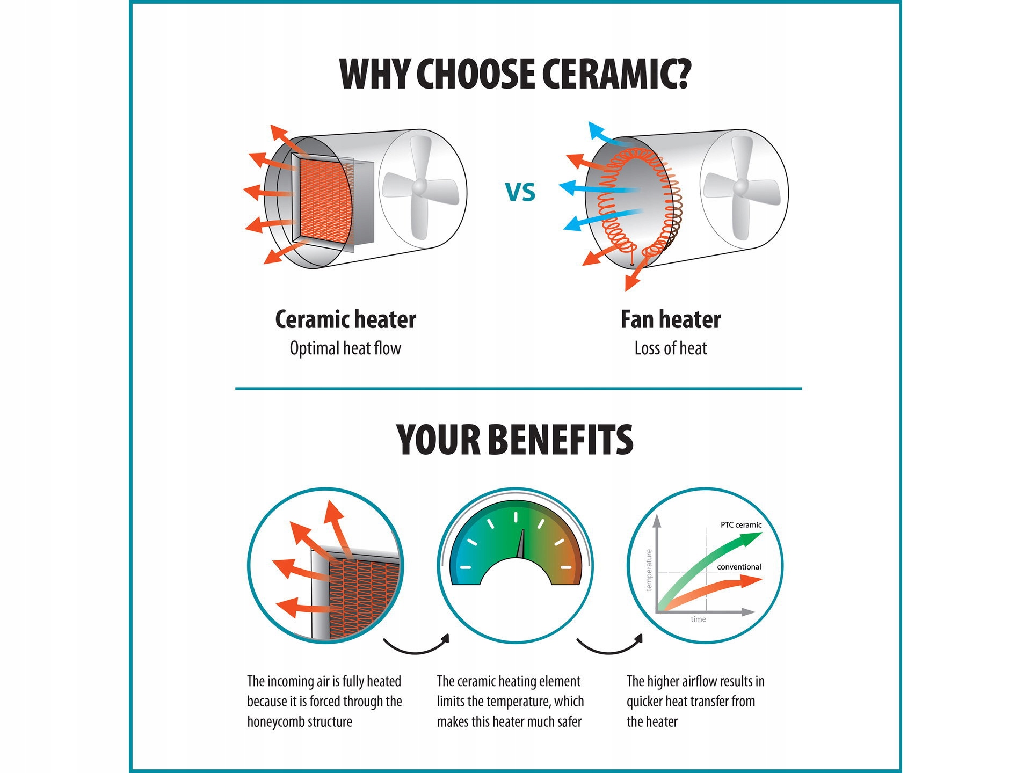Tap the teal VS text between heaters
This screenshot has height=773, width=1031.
coord(520,192)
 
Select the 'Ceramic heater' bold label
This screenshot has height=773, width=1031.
coord(345,319)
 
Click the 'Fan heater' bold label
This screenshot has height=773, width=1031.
coord(671,319)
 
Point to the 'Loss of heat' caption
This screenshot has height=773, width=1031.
coord(671,348)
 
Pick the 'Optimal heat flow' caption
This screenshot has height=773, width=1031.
coord(345,348)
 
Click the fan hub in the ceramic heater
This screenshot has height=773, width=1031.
coord(419,187)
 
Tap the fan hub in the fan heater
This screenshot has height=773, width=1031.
coord(740,187)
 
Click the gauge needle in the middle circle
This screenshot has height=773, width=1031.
coord(521,544)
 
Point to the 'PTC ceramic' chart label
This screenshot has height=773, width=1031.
coord(741,525)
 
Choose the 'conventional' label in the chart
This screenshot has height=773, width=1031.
coord(739,567)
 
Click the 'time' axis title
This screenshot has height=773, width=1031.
coord(698,619)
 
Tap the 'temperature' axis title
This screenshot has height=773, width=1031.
coord(649,570)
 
